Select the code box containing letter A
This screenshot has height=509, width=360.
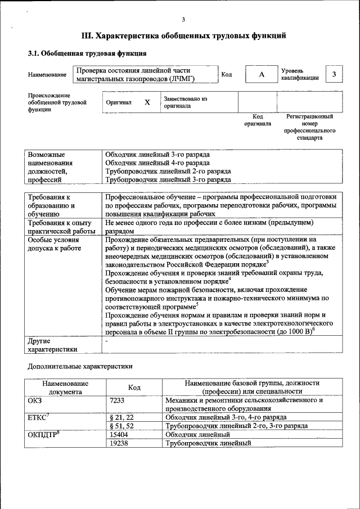261,75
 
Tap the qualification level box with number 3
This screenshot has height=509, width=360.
335,75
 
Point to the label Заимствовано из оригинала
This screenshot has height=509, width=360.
185,102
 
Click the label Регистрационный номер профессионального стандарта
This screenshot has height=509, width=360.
309,127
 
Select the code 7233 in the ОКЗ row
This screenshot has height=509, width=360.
118,400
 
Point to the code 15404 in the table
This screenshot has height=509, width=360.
119,434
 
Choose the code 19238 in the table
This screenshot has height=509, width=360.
119,443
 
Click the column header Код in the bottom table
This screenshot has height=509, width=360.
134,387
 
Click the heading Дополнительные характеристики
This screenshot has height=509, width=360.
80,366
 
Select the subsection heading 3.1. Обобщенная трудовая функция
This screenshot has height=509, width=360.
87,54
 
